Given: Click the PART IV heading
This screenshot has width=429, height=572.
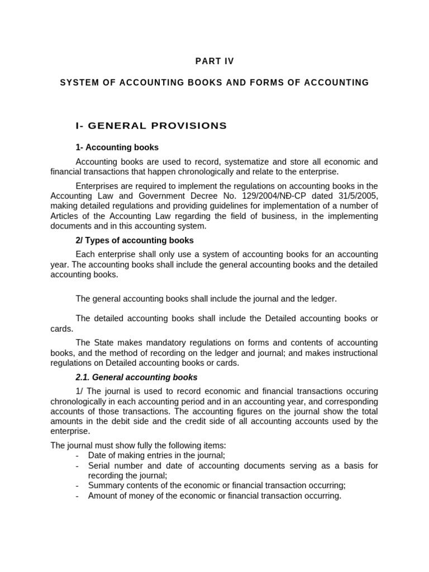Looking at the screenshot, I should tap(214, 61).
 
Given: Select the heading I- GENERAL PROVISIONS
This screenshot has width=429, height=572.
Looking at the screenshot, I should tap(151, 126).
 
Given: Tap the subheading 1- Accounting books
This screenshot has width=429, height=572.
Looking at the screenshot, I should tap(117, 147).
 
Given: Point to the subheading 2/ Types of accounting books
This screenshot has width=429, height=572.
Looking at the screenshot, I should tap(135, 240).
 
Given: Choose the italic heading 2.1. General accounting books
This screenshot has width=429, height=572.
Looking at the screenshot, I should tap(136, 378).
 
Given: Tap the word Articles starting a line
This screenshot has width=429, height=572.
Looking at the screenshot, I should tap(65, 216).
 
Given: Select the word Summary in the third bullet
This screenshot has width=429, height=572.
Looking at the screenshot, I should tap(104, 485).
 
